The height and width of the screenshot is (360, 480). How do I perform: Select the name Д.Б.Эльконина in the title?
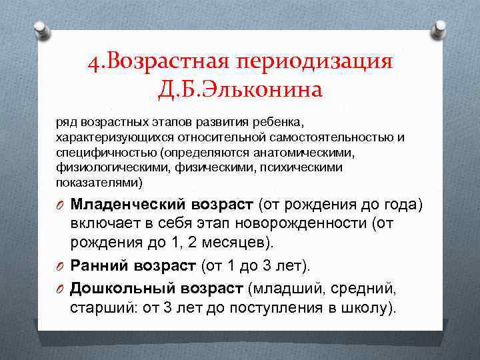(240, 88)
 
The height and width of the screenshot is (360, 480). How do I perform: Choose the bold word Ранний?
(99, 266)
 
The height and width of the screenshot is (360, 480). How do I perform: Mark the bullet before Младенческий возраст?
(61, 204)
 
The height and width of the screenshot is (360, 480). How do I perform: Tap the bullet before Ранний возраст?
(61, 267)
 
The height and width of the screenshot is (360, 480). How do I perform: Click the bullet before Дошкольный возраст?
(61, 289)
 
